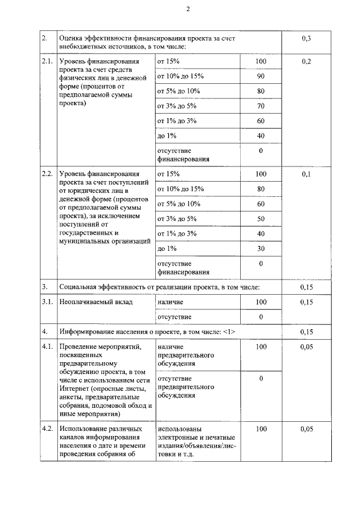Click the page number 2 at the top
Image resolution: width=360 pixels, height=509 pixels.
click(188, 10)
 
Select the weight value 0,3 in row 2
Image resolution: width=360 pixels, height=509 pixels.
click(307, 38)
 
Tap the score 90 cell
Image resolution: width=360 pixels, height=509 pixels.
click(260, 76)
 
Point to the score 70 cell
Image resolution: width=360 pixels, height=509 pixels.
click(260, 106)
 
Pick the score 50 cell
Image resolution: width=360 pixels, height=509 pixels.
click(260, 219)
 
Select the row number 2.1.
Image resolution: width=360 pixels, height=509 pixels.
click(48, 61)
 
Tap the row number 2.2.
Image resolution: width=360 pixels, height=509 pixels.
click(48, 174)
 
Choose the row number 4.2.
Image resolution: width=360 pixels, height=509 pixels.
click(48, 429)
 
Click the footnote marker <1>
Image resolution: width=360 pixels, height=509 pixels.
click(229, 332)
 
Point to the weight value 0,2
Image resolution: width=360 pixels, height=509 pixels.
click(307, 61)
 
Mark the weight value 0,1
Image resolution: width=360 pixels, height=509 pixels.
click(307, 174)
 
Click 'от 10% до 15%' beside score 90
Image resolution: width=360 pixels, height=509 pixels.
click(181, 76)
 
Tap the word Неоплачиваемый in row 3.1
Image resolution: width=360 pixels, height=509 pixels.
click(88, 302)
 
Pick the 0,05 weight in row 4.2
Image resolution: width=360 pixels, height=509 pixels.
click(307, 429)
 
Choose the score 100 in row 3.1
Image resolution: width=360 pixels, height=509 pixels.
click(260, 302)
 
